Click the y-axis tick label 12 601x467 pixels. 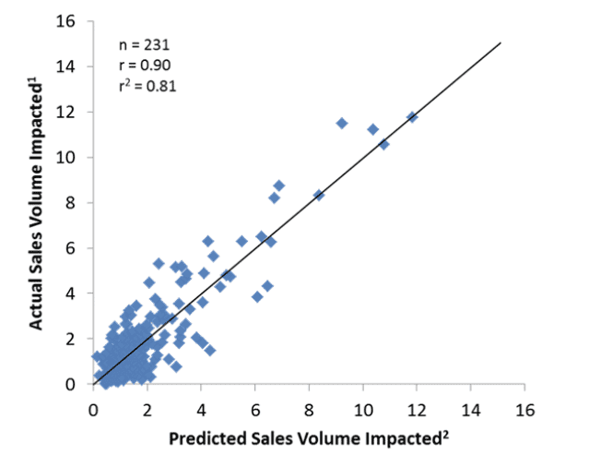tap(72, 112)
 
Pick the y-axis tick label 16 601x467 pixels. tap(72, 21)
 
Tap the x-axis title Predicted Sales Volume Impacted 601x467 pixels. tap(308, 438)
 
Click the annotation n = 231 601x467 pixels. tap(146, 43)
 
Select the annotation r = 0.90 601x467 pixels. tap(146, 65)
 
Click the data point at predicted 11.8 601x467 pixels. tap(412, 117)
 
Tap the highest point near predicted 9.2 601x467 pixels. tap(342, 123)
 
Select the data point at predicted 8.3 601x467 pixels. tap(319, 195)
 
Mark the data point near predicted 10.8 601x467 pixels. tap(384, 144)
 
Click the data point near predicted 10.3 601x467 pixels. tap(372, 129)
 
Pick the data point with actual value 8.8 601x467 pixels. tap(279, 186)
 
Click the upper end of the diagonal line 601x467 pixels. tap(501, 42)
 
